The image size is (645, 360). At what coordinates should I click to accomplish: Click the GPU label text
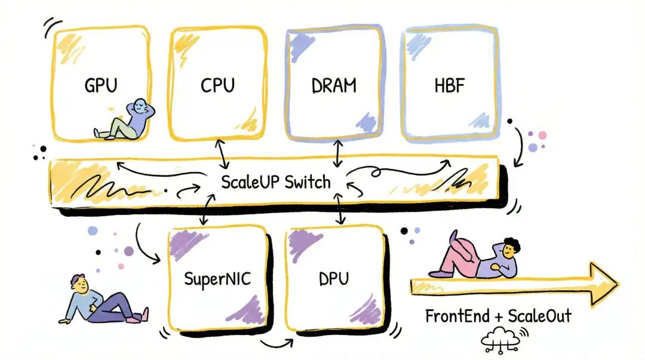101,85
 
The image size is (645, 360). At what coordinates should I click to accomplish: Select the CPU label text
218,85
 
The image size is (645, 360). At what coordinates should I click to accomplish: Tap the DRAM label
334,85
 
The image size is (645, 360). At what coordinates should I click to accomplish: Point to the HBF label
449,85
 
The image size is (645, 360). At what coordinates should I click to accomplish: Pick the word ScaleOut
540,316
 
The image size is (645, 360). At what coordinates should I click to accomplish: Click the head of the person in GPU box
139,107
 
